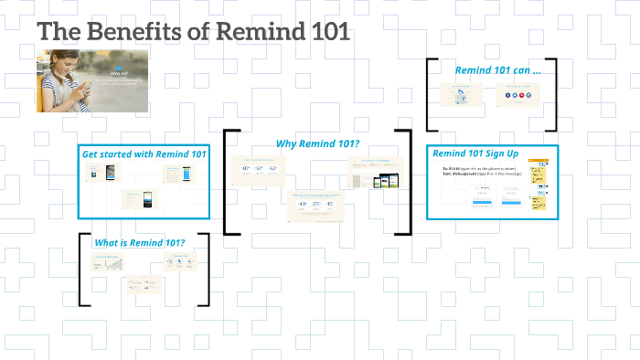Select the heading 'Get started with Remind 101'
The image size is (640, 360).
coord(144,154)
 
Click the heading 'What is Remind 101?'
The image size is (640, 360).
coord(140,242)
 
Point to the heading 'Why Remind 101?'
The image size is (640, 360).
coord(317,143)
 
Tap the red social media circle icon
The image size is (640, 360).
coord(517,95)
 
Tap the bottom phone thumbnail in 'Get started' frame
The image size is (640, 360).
coord(140,197)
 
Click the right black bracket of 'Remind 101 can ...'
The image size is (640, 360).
coord(552,94)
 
